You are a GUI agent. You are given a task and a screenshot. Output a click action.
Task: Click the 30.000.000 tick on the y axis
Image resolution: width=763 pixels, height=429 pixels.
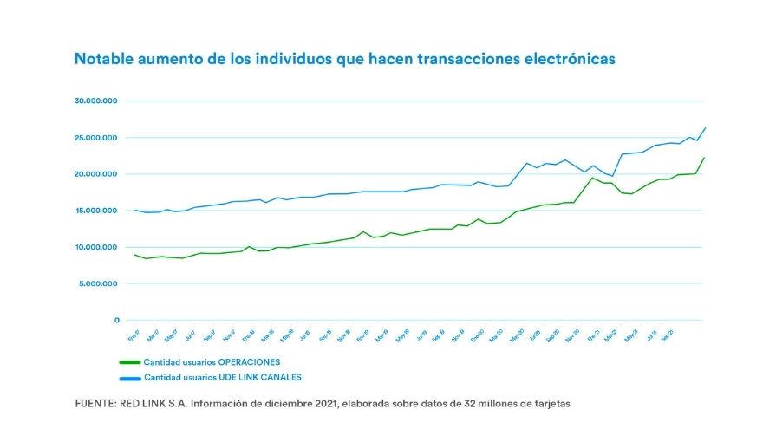tap(96, 101)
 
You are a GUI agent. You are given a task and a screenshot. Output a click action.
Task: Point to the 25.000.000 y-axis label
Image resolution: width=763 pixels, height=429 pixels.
tap(96, 138)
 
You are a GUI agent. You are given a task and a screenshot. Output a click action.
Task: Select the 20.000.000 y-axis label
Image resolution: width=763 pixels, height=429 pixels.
tap(96, 174)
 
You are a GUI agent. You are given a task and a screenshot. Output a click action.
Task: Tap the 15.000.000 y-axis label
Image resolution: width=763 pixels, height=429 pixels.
tap(96, 211)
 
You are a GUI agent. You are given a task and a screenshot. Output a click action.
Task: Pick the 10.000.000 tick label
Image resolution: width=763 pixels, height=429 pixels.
tap(96, 247)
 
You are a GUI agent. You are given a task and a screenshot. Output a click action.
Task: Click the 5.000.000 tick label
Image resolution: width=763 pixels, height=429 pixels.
tap(98, 283)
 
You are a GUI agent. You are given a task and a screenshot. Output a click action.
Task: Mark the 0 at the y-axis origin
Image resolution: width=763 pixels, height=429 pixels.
tap(115, 320)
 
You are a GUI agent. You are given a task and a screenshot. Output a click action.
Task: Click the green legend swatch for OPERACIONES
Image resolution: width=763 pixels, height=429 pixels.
tap(129, 362)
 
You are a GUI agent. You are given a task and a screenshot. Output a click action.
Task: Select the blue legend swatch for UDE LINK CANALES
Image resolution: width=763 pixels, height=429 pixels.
tap(129, 377)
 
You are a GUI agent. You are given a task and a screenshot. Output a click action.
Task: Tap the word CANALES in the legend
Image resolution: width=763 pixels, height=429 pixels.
tap(280, 377)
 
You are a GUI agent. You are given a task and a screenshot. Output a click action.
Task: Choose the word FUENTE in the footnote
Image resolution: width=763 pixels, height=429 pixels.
tap(96, 404)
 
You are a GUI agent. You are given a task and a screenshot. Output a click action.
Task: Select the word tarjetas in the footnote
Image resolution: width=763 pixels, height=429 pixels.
tap(551, 404)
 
